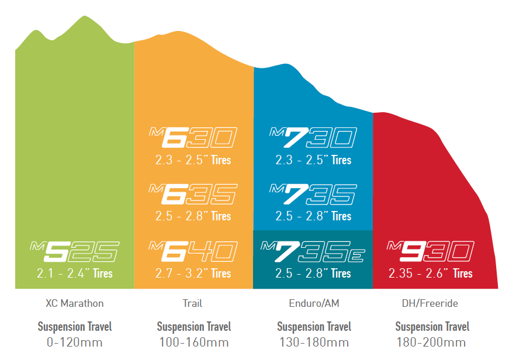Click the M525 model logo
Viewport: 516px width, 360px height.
(x=74, y=252)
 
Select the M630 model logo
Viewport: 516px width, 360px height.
(x=193, y=138)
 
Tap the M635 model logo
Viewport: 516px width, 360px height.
(x=193, y=195)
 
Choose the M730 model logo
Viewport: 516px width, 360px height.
(x=313, y=138)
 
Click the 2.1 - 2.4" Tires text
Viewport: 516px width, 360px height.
(x=74, y=274)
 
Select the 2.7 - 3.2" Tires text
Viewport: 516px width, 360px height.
(x=193, y=274)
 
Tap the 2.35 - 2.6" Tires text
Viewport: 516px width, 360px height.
(x=431, y=274)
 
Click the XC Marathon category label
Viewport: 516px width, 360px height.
(x=74, y=303)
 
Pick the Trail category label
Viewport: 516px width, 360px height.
(x=192, y=303)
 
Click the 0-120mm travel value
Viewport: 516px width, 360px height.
(x=74, y=342)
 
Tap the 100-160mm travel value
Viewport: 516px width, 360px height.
(x=193, y=342)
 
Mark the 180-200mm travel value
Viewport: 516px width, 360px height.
(x=432, y=342)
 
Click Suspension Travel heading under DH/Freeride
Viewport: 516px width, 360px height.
(x=432, y=327)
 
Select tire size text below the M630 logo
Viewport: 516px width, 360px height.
(x=193, y=160)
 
